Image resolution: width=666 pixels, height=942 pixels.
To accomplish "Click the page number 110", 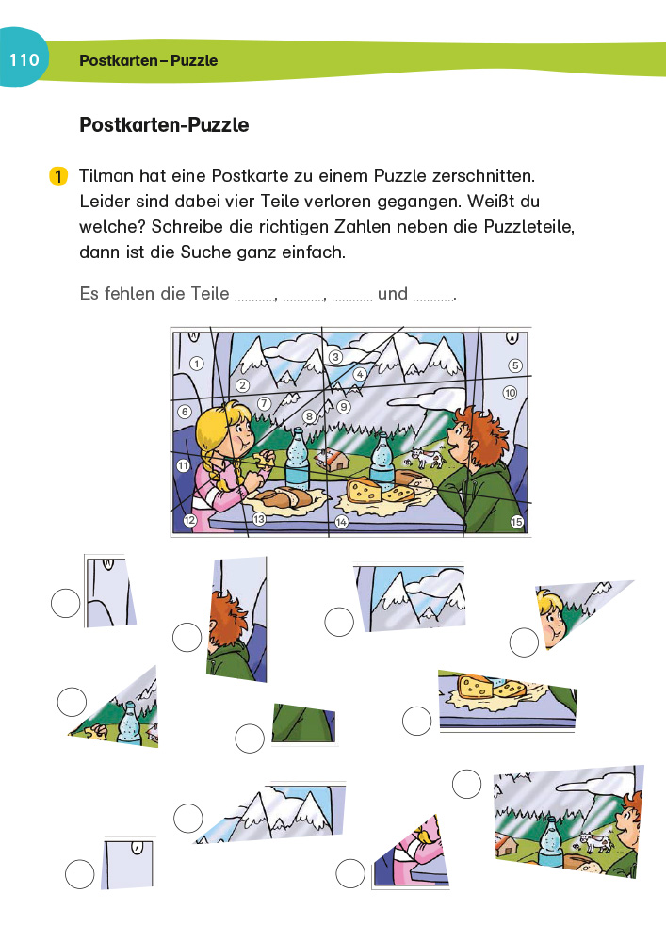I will pyautogui.click(x=24, y=60).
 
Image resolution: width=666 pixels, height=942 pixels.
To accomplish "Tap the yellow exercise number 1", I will pyautogui.click(x=57, y=176).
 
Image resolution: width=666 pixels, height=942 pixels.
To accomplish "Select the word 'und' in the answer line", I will pyautogui.click(x=393, y=294).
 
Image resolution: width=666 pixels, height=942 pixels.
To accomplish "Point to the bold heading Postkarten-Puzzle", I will pyautogui.click(x=164, y=125).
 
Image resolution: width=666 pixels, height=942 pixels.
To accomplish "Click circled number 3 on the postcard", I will pyautogui.click(x=334, y=357).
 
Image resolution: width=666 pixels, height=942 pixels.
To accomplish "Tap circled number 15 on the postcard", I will pyautogui.click(x=516, y=522).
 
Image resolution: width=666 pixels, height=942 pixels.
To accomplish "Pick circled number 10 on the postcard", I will pyautogui.click(x=510, y=392).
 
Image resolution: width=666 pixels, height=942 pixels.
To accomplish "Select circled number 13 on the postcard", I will pyautogui.click(x=258, y=519).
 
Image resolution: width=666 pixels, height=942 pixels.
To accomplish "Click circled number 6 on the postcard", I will pyautogui.click(x=185, y=412).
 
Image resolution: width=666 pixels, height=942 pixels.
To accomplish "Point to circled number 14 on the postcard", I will pyautogui.click(x=341, y=521).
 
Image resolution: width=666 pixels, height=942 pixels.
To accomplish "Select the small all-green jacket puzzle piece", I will pyautogui.click(x=303, y=723).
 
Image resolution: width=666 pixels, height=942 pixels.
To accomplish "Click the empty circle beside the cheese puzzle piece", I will pyautogui.click(x=416, y=722).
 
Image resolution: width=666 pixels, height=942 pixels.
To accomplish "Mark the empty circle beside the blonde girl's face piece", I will pyautogui.click(x=524, y=643).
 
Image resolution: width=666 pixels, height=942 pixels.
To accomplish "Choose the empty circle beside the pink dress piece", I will pyautogui.click(x=350, y=874).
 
